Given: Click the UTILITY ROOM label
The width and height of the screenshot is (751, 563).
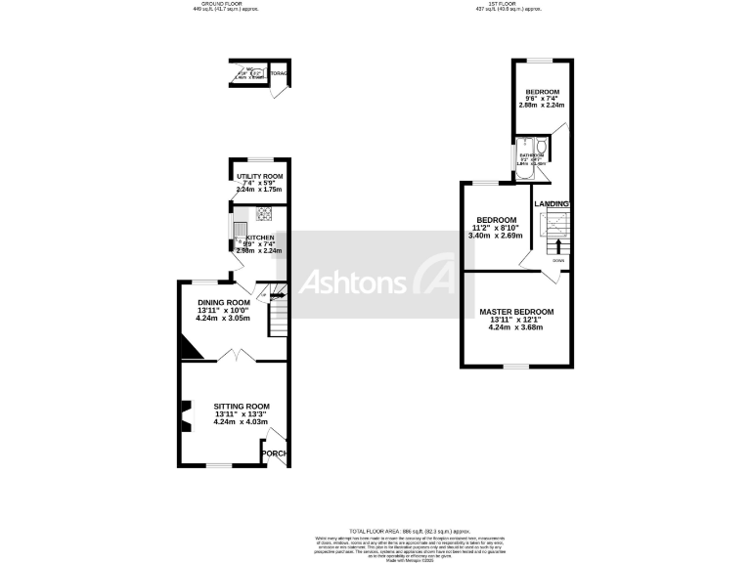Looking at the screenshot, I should coord(259,176).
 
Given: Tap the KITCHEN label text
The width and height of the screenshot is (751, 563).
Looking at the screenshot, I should coord(260,238).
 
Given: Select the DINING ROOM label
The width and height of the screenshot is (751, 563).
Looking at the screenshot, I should coord(223,302).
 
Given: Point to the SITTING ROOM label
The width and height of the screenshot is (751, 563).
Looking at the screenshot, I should coord(242,406).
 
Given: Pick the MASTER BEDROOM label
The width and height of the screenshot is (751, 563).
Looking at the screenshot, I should coord(516,312).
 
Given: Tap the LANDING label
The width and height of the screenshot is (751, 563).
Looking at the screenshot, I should coord(552,203).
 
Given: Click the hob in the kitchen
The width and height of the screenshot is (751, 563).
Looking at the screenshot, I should coord(264,213).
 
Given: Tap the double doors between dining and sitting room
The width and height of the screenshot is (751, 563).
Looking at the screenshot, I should coord(242,359).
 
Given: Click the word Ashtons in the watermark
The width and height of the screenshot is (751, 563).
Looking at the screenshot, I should coord(351,282).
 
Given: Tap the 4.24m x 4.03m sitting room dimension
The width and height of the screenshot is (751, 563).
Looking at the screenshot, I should coord(242,423).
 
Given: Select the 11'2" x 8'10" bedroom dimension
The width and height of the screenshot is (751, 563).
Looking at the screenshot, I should coord(496,228).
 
